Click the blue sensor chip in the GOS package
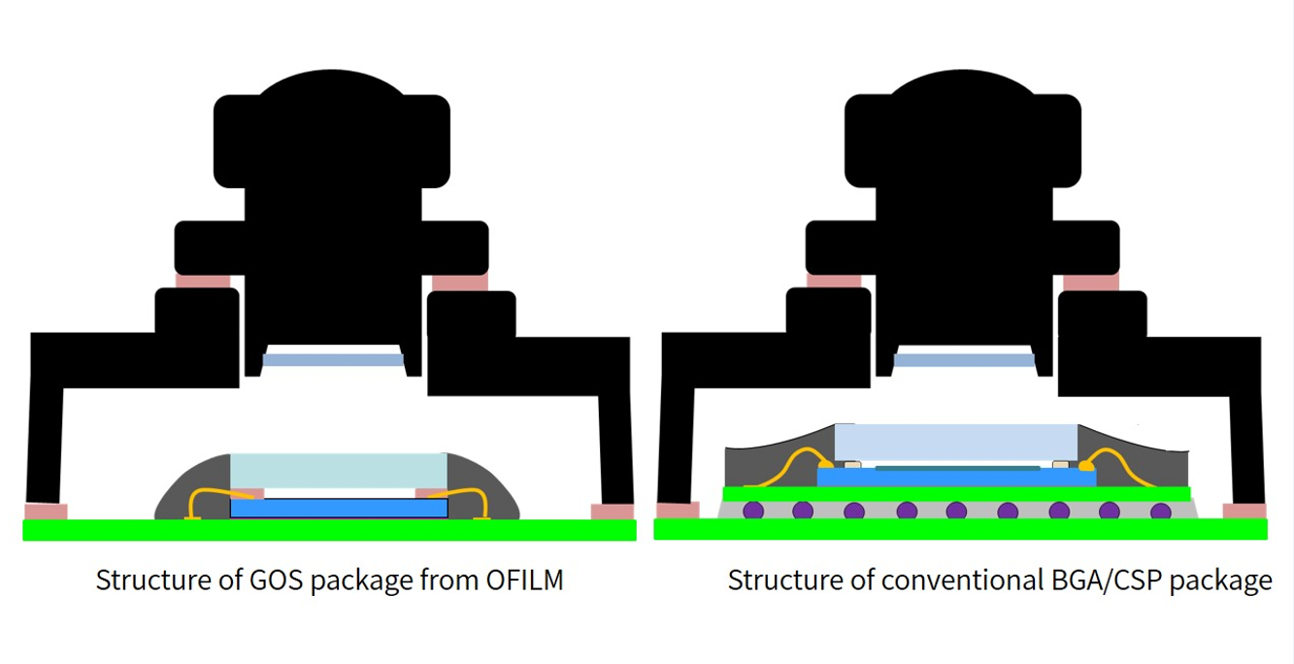tap(339, 508)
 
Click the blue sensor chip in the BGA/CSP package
tap(956, 478)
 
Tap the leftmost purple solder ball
tap(752, 511)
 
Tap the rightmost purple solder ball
tap(1160, 511)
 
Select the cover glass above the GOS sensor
tap(339, 471)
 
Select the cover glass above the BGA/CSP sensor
tap(956, 442)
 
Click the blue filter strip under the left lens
tap(333, 360)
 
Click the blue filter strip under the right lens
tap(964, 360)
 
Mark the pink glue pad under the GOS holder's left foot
tap(46, 512)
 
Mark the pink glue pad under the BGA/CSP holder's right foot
tap(1244, 511)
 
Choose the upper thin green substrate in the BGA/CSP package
tap(956, 494)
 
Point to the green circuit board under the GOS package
tap(329, 530)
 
